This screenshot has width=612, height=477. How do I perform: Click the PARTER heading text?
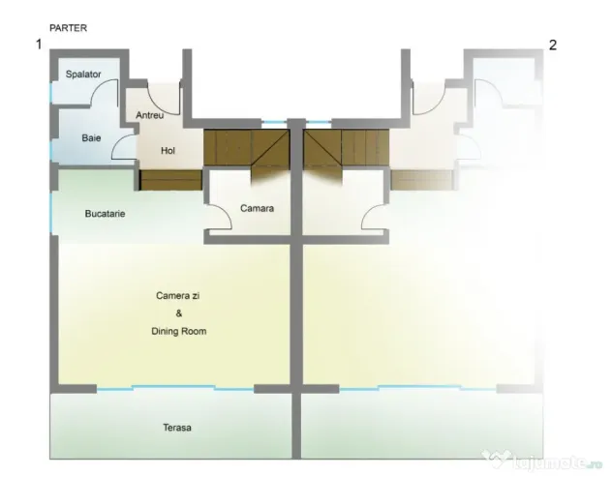tap(69, 28)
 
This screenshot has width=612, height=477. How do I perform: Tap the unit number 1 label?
tap(39, 45)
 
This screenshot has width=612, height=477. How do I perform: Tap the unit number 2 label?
tap(553, 45)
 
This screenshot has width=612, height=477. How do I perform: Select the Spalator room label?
tap(83, 75)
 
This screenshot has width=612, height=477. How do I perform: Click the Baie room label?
tap(91, 138)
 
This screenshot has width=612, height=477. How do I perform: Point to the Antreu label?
tap(149, 115)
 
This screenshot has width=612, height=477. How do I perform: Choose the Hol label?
tap(168, 151)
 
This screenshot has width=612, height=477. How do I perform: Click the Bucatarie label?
tap(105, 214)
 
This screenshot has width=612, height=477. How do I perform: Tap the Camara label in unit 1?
tap(257, 208)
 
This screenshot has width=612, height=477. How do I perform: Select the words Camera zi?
tap(177, 296)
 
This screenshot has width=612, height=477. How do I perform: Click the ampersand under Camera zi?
tap(179, 313)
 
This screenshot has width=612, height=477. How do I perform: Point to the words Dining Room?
tap(179, 331)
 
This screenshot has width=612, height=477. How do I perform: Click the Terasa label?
tap(177, 428)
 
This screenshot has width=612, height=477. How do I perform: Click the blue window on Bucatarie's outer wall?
tap(51, 213)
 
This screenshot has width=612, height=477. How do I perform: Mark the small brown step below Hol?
tap(170, 180)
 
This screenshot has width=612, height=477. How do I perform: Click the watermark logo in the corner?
tap(543, 461)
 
